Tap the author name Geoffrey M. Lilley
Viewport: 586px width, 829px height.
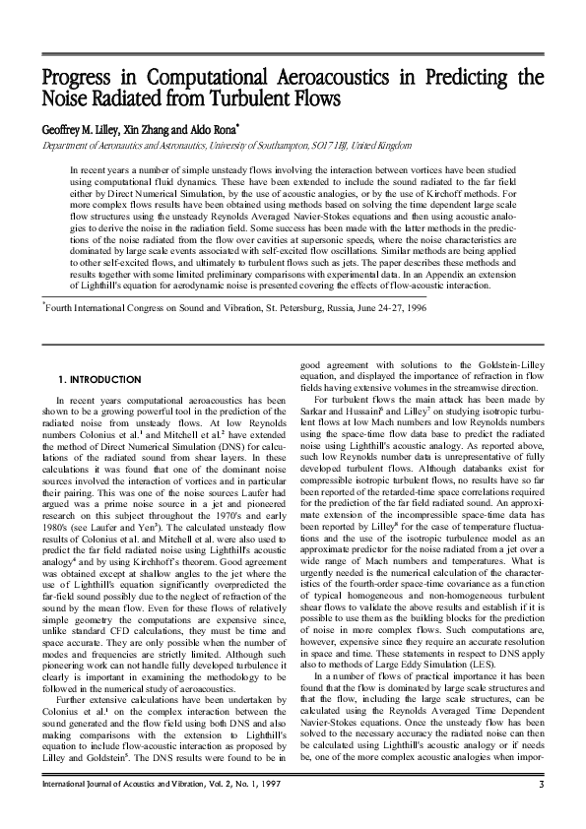(x=85, y=128)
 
